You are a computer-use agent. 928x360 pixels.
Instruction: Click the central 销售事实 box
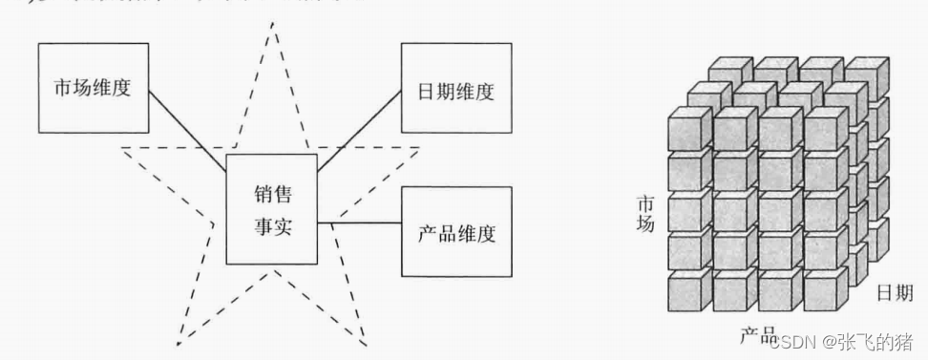tap(271, 208)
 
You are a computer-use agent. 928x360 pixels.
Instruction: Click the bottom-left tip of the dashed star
tap(178, 341)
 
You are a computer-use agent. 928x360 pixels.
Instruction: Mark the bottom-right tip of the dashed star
tap(366, 341)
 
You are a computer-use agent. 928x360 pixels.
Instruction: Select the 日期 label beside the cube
tap(895, 292)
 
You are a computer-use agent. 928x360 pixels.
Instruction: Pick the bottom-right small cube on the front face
tap(824, 291)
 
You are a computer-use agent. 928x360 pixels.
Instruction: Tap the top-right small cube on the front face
tap(824, 129)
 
